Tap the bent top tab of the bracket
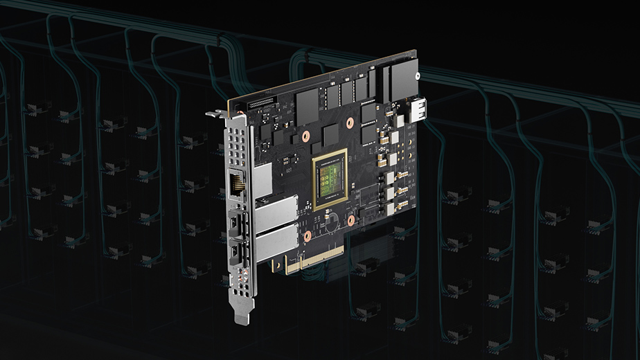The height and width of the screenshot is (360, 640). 219,112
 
